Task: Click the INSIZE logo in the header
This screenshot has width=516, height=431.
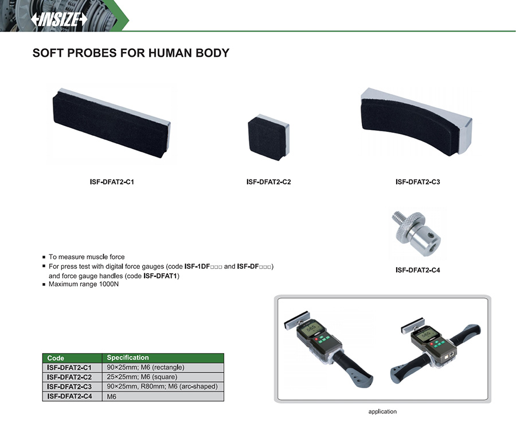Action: [x=59, y=19]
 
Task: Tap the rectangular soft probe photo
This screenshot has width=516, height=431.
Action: [x=111, y=124]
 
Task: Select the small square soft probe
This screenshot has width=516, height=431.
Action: [x=268, y=137]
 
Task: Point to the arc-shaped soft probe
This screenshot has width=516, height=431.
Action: [x=416, y=121]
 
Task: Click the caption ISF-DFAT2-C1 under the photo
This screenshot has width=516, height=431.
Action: [x=112, y=182]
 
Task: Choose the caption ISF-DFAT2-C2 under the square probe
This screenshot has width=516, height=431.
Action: [x=268, y=182]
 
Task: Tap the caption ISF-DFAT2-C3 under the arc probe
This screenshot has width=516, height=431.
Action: [x=417, y=182]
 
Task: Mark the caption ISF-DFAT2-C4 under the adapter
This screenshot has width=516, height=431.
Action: [x=417, y=270]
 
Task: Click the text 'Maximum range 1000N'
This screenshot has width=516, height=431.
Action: [x=84, y=284]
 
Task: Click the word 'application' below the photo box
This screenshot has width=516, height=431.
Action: [x=382, y=412]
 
